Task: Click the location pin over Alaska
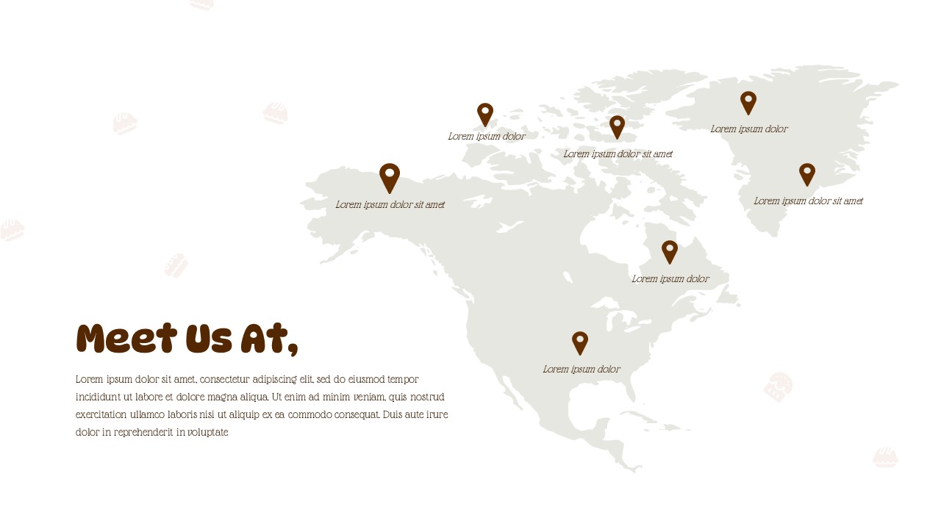[x=390, y=177]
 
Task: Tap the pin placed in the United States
[x=580, y=342]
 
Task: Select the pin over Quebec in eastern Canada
[x=669, y=251]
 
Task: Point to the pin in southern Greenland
[x=807, y=174]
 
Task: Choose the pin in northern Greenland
[x=748, y=102]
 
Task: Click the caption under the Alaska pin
[x=390, y=204]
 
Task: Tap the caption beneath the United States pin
[x=582, y=369]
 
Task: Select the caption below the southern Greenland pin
[x=809, y=201]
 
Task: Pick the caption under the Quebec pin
[x=670, y=278]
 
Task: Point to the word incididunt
[x=99, y=397]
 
